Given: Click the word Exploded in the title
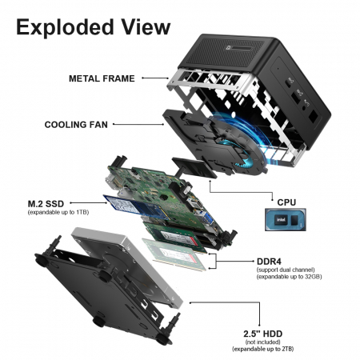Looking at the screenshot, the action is click(65, 28).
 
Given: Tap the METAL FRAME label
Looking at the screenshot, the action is click(102, 78).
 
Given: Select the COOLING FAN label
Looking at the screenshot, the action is click(76, 125).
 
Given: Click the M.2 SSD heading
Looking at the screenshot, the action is click(46, 204).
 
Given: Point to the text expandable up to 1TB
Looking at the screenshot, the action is click(58, 212).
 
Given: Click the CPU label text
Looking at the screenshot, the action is click(286, 202).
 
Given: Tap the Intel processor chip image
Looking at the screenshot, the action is click(285, 220).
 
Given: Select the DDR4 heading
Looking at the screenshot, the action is click(269, 262).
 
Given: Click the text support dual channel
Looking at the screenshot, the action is click(286, 270).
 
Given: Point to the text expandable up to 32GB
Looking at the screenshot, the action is click(289, 277).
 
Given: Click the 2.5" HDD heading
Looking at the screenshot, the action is click(262, 334).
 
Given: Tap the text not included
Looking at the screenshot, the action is click(262, 342).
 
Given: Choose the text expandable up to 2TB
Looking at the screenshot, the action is click(262, 349).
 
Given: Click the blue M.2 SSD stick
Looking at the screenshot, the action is click(136, 207).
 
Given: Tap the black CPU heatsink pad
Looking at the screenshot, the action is click(194, 167).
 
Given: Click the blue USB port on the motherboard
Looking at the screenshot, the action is click(206, 217).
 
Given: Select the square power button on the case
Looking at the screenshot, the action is click(313, 116).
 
